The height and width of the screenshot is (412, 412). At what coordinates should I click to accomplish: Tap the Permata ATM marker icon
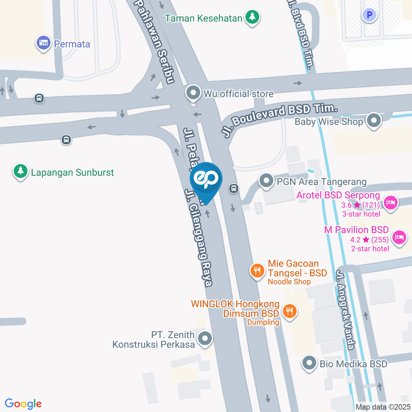click(x=43, y=43)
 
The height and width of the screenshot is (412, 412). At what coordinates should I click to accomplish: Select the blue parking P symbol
click(x=369, y=16)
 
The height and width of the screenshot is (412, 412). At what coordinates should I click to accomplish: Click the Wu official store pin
click(x=193, y=93)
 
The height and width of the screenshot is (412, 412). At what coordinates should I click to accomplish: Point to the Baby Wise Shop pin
click(x=374, y=121)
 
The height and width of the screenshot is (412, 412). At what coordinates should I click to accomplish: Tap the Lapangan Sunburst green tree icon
click(x=20, y=172)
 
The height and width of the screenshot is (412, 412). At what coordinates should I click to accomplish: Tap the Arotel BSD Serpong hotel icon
click(x=390, y=202)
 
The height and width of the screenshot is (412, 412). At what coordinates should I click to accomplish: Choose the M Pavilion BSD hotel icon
click(x=399, y=236)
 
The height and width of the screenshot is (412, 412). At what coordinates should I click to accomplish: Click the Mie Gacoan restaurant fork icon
click(x=257, y=270)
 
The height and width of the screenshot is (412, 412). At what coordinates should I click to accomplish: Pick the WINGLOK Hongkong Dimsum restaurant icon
click(x=290, y=311)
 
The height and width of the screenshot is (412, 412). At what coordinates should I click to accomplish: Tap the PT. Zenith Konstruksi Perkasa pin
click(x=206, y=339)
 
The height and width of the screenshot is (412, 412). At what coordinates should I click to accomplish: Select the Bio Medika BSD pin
click(x=309, y=364)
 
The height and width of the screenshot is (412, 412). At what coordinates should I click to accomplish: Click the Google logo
click(x=23, y=403)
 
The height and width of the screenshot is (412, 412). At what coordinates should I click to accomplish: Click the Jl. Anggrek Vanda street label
click(x=346, y=309)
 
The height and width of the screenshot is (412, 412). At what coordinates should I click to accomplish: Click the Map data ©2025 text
click(x=383, y=407)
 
